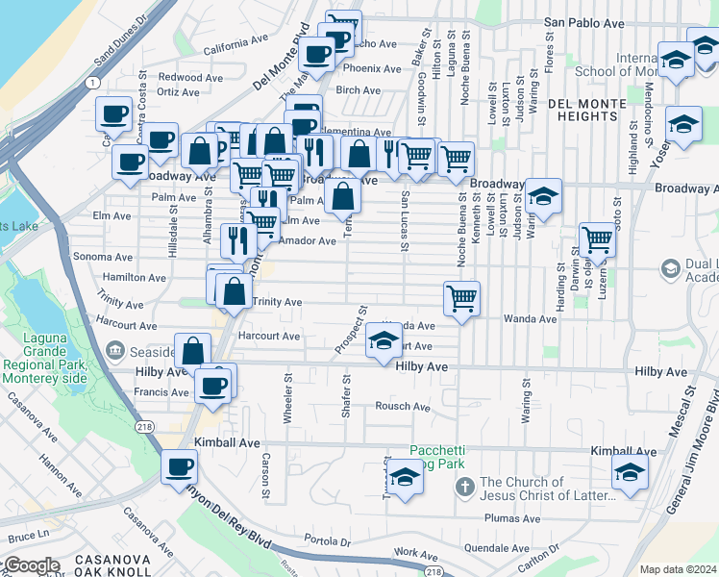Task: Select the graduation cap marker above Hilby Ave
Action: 384,340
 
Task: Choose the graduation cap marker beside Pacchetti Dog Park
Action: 405,478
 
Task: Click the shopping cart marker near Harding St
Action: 597,238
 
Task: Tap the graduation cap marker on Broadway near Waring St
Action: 543,197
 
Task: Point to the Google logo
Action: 31,565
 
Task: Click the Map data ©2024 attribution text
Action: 678,569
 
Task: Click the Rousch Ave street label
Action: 402,407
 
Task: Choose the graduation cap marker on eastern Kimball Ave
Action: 630,471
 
